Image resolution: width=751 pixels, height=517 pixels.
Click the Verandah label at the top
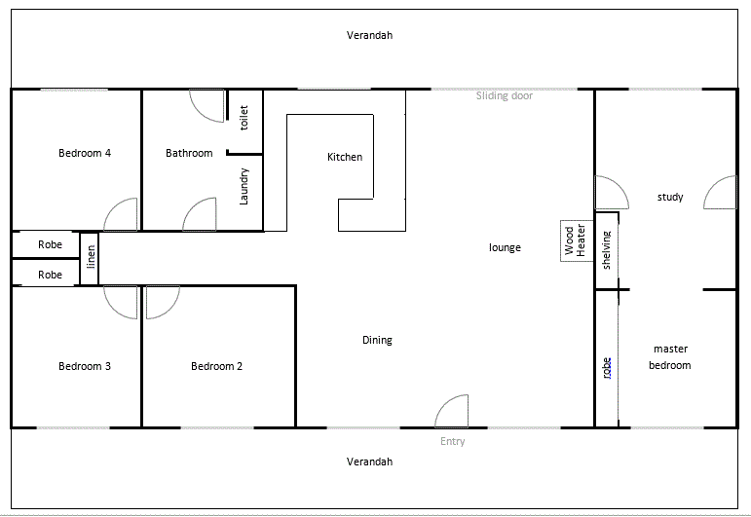pos(369,35)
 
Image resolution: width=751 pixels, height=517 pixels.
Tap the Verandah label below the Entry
pos(369,462)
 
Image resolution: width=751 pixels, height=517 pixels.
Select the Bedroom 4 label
pos(85,153)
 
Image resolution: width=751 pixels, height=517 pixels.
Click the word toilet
pos(244,118)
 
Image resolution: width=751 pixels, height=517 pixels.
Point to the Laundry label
pos(244,186)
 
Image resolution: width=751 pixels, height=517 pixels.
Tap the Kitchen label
pos(345,157)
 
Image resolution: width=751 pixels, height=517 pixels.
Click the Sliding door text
pos(504,95)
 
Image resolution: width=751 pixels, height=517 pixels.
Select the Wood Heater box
pos(575,240)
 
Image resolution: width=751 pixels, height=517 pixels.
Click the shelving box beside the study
pos(607,250)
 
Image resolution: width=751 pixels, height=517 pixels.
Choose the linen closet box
pos(90,258)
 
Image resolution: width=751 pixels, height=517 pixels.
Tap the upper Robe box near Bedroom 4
pos(50,244)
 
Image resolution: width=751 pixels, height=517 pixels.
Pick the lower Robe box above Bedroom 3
pos(50,275)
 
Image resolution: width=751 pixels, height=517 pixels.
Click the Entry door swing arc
pos(453,412)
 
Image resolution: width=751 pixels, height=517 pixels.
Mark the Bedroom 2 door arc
pos(162,302)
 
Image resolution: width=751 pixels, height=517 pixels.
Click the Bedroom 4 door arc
pos(122,214)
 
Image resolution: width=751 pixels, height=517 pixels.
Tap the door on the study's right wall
pos(721,193)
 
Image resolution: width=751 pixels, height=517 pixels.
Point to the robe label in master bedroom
pos(607,367)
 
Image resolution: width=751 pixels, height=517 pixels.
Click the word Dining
pos(377,340)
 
